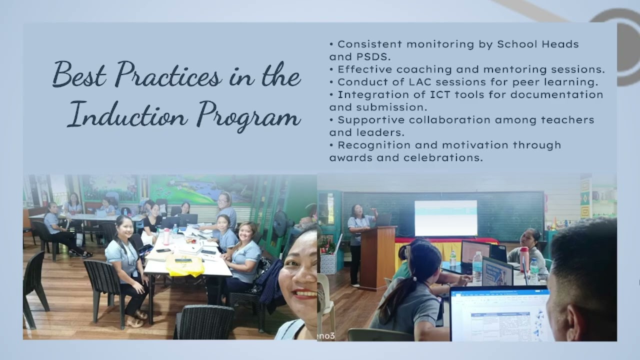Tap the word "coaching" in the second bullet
(428, 69)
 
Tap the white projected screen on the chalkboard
(445, 217)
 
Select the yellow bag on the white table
(184, 265)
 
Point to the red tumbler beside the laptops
(524, 258)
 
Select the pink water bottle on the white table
(166, 236)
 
